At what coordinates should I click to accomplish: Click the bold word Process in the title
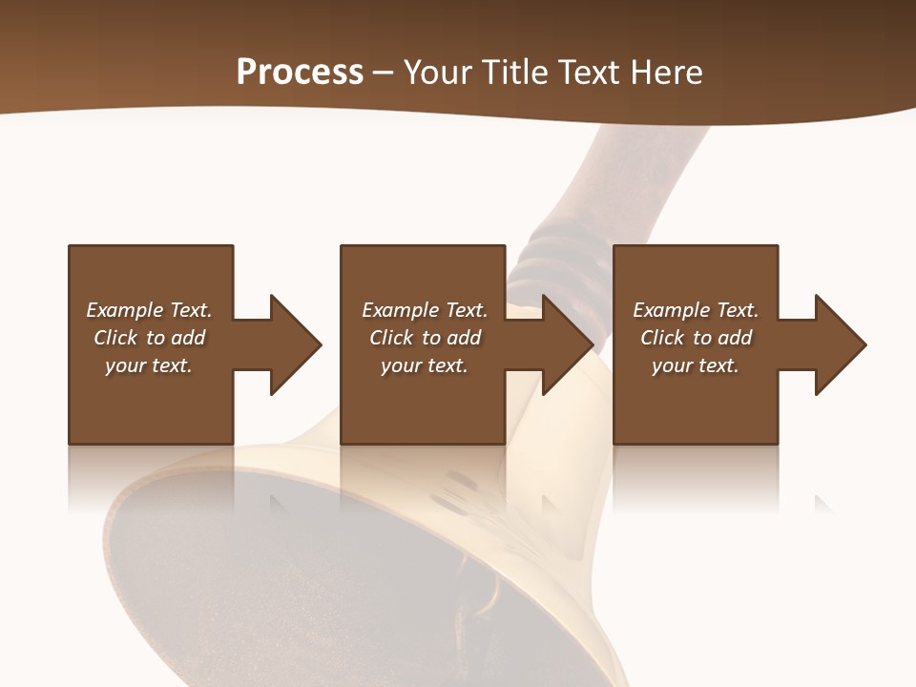[x=300, y=73]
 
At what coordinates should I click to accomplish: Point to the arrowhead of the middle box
[x=567, y=344]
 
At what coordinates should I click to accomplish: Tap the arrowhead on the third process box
[x=840, y=344]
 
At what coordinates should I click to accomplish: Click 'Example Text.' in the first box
[x=149, y=310]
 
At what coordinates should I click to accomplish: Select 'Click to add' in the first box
[x=149, y=338]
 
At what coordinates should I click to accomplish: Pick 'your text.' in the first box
[x=149, y=365]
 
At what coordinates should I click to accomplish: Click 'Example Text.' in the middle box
[x=425, y=310]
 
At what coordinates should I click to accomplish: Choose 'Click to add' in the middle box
[x=425, y=338]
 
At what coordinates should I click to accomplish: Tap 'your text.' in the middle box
[x=425, y=365]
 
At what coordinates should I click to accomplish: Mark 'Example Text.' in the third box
[x=696, y=310]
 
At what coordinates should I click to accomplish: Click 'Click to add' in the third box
[x=696, y=338]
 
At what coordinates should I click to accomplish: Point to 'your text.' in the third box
[x=696, y=365]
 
